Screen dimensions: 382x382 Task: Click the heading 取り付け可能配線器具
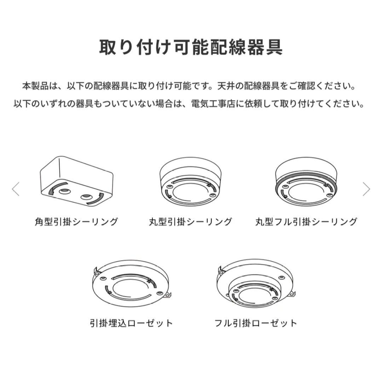191,47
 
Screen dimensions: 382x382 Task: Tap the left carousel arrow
16,189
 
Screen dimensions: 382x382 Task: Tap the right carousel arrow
366,189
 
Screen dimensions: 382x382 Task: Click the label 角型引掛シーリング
76,222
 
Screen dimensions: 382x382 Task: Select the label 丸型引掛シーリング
191,222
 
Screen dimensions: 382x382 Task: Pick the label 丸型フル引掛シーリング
306,222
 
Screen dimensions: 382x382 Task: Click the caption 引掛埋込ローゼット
132,323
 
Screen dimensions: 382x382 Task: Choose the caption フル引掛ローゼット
256,323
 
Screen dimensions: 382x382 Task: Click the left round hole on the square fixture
65,191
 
